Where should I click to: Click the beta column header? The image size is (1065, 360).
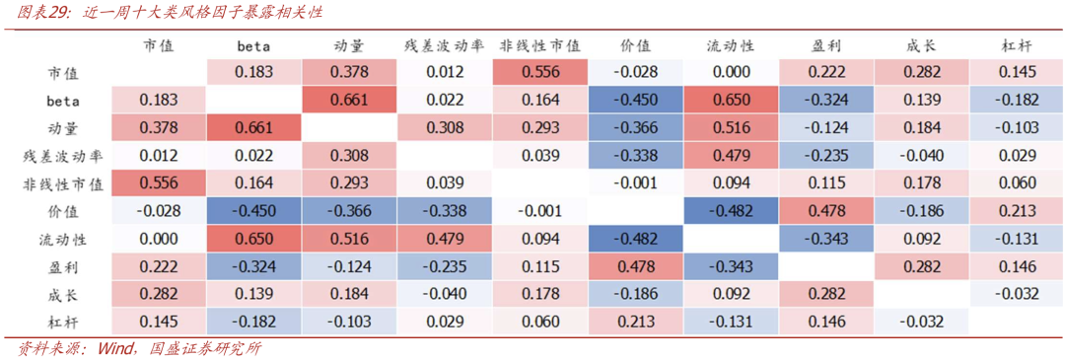tap(253, 46)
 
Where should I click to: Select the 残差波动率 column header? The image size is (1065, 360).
tap(444, 45)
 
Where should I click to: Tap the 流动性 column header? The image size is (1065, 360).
tap(731, 45)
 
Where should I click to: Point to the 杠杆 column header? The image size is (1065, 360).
tap(1017, 45)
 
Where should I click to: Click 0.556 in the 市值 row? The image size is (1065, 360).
tap(540, 73)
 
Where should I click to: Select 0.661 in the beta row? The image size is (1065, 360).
tap(349, 100)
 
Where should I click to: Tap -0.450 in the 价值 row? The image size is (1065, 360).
tap(253, 210)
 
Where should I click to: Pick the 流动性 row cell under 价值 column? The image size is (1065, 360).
tap(635, 239)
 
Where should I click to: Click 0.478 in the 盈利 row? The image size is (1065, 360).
tap(635, 267)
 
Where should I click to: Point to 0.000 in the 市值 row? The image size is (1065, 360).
tap(731, 73)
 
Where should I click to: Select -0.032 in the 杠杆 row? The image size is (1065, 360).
tap(921, 322)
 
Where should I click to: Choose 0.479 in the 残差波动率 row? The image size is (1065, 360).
tap(731, 156)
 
